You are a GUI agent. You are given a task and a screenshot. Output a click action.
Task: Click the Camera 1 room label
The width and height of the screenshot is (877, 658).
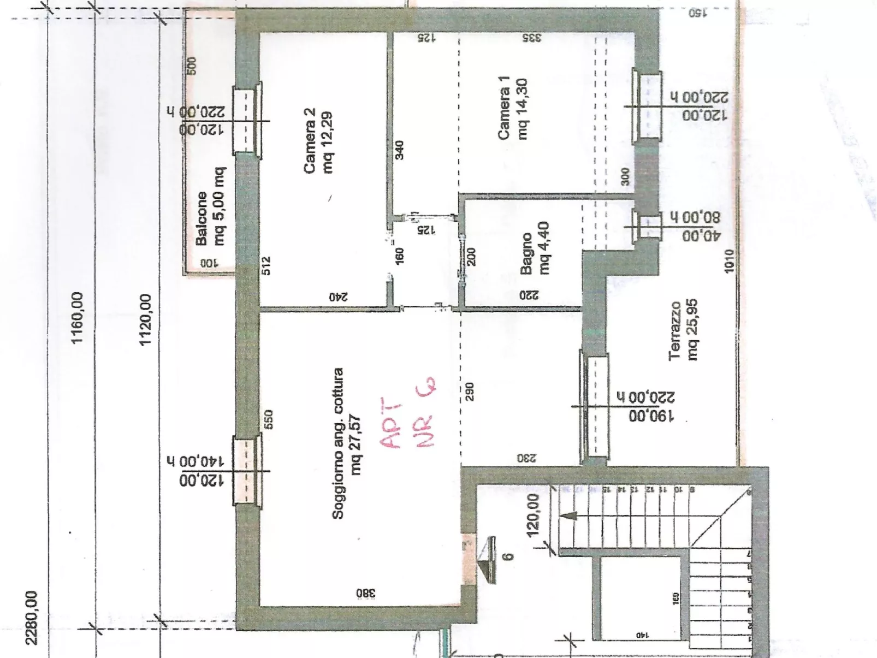[x=512, y=109]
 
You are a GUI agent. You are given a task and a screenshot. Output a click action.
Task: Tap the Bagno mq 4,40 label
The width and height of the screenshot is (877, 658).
[x=535, y=248]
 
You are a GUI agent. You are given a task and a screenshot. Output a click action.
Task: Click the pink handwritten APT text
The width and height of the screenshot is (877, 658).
[x=391, y=423]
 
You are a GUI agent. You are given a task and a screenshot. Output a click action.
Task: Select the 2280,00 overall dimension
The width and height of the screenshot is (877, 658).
[x=32, y=618]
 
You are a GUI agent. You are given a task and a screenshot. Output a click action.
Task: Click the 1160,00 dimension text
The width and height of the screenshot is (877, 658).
[x=77, y=318]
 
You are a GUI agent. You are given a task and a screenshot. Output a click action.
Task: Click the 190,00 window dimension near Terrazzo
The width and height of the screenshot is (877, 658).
[x=651, y=416]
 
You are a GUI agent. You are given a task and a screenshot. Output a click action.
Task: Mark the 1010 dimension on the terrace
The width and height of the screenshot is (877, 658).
[x=730, y=261]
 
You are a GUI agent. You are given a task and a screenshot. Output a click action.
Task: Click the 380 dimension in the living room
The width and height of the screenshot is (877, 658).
[x=366, y=593]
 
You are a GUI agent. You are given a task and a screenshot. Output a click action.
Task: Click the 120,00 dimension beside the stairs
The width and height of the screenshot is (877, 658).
[x=533, y=515]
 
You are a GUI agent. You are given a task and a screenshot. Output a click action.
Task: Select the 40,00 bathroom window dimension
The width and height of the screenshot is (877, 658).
[x=701, y=236]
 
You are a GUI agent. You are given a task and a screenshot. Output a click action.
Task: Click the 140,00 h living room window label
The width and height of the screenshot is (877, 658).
[x=195, y=461]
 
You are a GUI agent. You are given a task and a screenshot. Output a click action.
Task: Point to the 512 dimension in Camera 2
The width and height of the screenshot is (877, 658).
[x=266, y=266]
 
